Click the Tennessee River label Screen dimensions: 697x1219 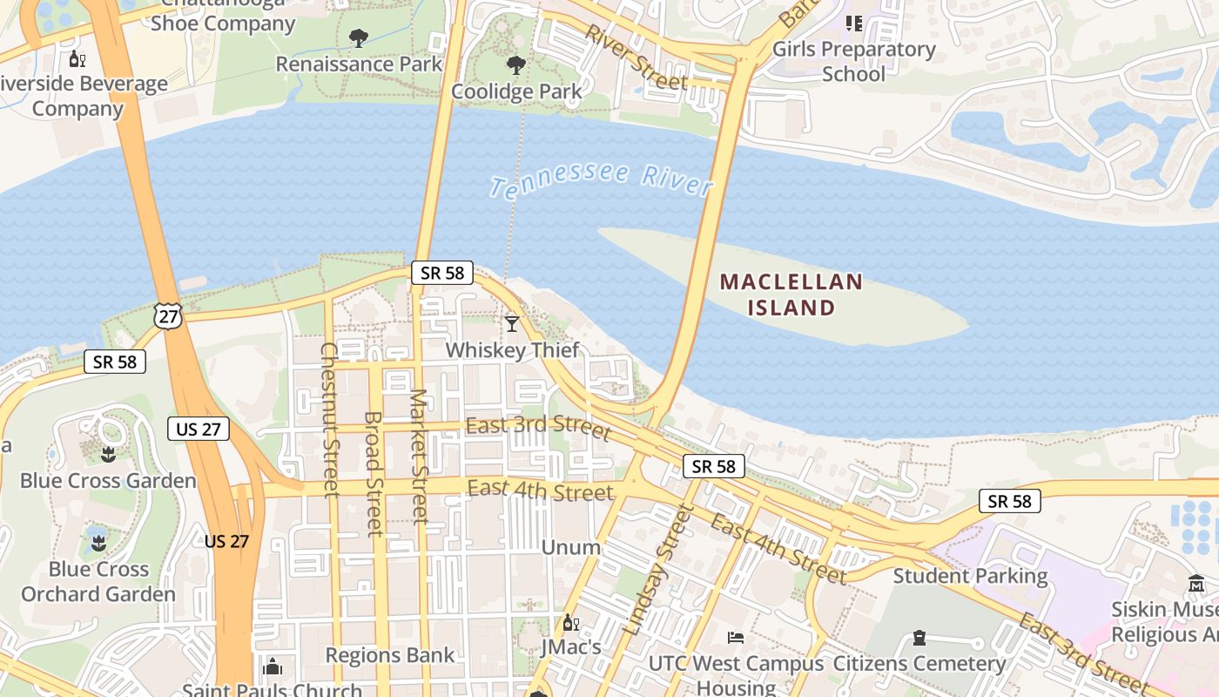(601, 179)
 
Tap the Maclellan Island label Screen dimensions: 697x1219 (791, 294)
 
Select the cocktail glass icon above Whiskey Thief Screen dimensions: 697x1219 (512, 324)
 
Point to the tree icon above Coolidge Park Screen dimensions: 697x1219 (516, 64)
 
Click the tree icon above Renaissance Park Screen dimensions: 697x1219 (358, 37)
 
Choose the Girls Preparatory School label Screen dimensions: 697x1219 (853, 61)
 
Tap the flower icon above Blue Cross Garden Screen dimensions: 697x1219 (108, 454)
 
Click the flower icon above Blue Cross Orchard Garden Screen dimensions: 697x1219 (98, 544)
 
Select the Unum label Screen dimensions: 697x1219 (571, 547)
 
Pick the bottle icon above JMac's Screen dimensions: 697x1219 (571, 622)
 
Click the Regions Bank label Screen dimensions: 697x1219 (390, 655)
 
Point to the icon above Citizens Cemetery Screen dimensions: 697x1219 (919, 638)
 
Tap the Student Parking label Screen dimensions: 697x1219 (970, 576)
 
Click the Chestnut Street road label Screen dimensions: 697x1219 (329, 420)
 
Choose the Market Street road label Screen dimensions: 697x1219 (420, 457)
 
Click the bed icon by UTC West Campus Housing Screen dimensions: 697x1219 (736, 638)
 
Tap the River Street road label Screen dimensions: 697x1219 (636, 58)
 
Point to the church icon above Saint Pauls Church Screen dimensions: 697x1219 (273, 667)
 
